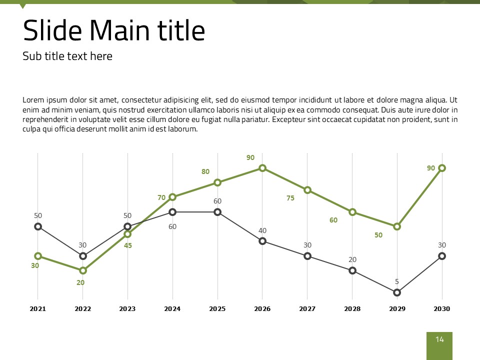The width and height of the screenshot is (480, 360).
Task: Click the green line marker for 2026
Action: pos(262,168)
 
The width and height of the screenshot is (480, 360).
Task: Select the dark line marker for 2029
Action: pos(397,292)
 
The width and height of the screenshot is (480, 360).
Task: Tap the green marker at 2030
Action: pos(442,168)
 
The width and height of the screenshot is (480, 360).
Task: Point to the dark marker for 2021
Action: pos(38,226)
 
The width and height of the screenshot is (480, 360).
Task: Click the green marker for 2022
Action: pos(83,270)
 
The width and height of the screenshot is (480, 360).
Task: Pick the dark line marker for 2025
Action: pos(217,212)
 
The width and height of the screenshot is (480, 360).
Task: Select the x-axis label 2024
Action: pos(172,309)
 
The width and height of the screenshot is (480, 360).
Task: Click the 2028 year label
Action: pos(352,309)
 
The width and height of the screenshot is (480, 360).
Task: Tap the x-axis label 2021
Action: pos(38,309)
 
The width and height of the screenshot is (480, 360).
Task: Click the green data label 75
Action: pos(290,198)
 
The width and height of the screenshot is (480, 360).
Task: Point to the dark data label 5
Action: pos(397,281)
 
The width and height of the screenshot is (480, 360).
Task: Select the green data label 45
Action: pos(128,245)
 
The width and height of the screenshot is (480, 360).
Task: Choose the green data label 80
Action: pos(205,171)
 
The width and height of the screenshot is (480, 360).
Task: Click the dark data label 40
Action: pos(262,230)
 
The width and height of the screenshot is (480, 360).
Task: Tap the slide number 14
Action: pos(439,340)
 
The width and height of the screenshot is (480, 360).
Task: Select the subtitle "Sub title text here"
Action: pos(67,56)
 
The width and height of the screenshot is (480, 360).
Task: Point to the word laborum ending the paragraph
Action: pos(183,128)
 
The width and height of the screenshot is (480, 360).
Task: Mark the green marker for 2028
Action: pos(352,212)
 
